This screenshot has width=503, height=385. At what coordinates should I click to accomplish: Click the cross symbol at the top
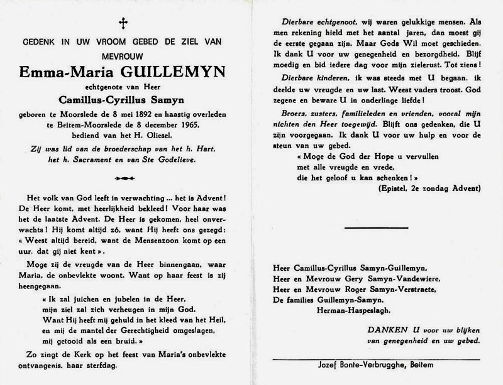click(123, 24)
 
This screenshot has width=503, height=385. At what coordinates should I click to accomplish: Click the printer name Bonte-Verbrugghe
click(375, 364)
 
